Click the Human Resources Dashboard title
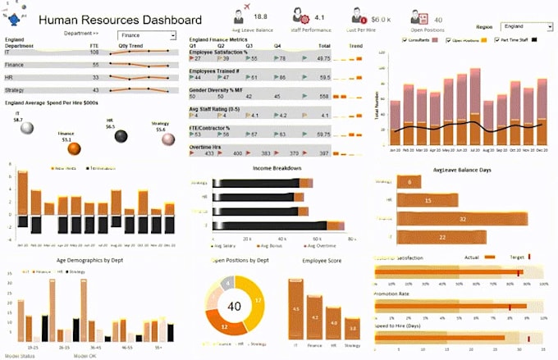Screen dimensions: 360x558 click(120, 20)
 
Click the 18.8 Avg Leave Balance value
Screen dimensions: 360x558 click(260, 16)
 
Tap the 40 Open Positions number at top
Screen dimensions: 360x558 click(438, 19)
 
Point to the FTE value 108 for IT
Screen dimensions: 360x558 click(94, 52)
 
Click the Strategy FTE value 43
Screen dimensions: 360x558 click(95, 89)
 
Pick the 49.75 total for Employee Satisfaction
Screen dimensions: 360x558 click(324, 59)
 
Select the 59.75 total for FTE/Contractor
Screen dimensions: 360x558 click(324, 134)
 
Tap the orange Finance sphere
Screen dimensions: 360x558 click(74, 148)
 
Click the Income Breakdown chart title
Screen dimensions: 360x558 click(277, 168)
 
